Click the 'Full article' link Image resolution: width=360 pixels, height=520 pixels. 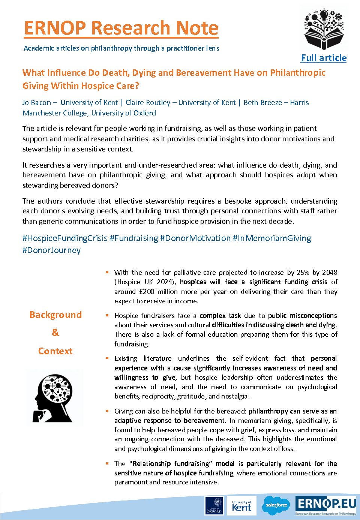(x=324, y=58)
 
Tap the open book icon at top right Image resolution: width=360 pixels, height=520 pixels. (x=324, y=29)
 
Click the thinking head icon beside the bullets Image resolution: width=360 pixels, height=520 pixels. (x=54, y=398)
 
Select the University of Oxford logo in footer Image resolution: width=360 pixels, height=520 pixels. (x=214, y=506)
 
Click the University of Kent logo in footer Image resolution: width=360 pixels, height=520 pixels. (x=242, y=506)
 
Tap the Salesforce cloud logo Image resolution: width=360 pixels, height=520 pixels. (x=276, y=505)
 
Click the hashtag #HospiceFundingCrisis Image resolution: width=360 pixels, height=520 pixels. (x=65, y=238)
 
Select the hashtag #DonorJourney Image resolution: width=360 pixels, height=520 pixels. (x=51, y=250)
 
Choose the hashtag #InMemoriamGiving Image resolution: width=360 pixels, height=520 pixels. (x=272, y=238)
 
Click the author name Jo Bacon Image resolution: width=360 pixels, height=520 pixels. (x=37, y=103)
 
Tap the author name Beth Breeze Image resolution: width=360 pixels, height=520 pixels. (x=262, y=103)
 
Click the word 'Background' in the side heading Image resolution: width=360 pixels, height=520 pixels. (x=55, y=315)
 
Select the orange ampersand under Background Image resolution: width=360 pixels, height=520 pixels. (x=55, y=333)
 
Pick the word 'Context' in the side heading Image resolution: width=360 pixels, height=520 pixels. (x=55, y=351)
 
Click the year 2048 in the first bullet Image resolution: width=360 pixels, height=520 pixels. (x=330, y=273)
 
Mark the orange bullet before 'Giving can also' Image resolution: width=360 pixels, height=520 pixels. (x=107, y=411)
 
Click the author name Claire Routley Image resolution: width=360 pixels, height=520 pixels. (x=148, y=103)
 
